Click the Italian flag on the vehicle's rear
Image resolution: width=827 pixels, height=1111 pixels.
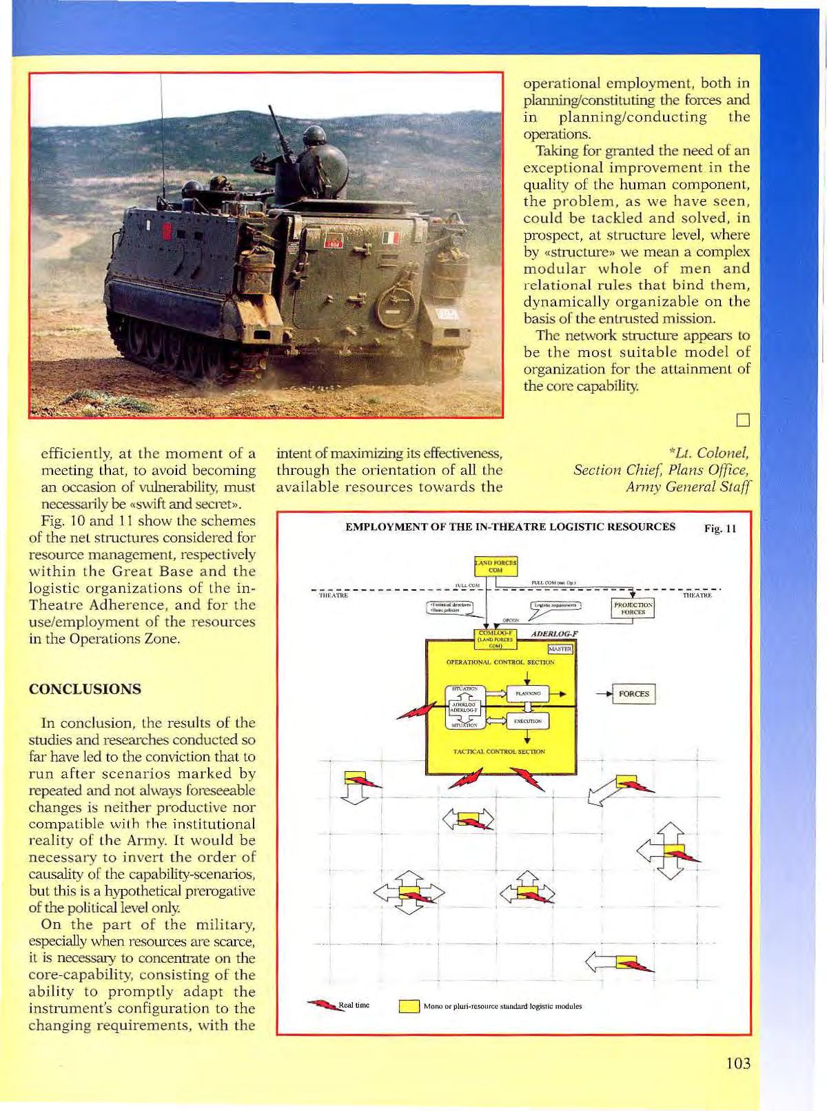pos(390,238)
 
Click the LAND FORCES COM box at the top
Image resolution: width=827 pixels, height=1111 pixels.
pos(496,566)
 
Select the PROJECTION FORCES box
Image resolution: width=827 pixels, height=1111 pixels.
pos(633,608)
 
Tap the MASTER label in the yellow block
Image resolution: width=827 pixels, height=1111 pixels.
pos(560,649)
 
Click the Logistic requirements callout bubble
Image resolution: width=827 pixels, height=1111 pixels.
pos(555,606)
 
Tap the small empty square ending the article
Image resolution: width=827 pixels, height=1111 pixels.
pos(742,420)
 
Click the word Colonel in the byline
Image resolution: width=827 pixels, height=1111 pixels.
pos(723,453)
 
